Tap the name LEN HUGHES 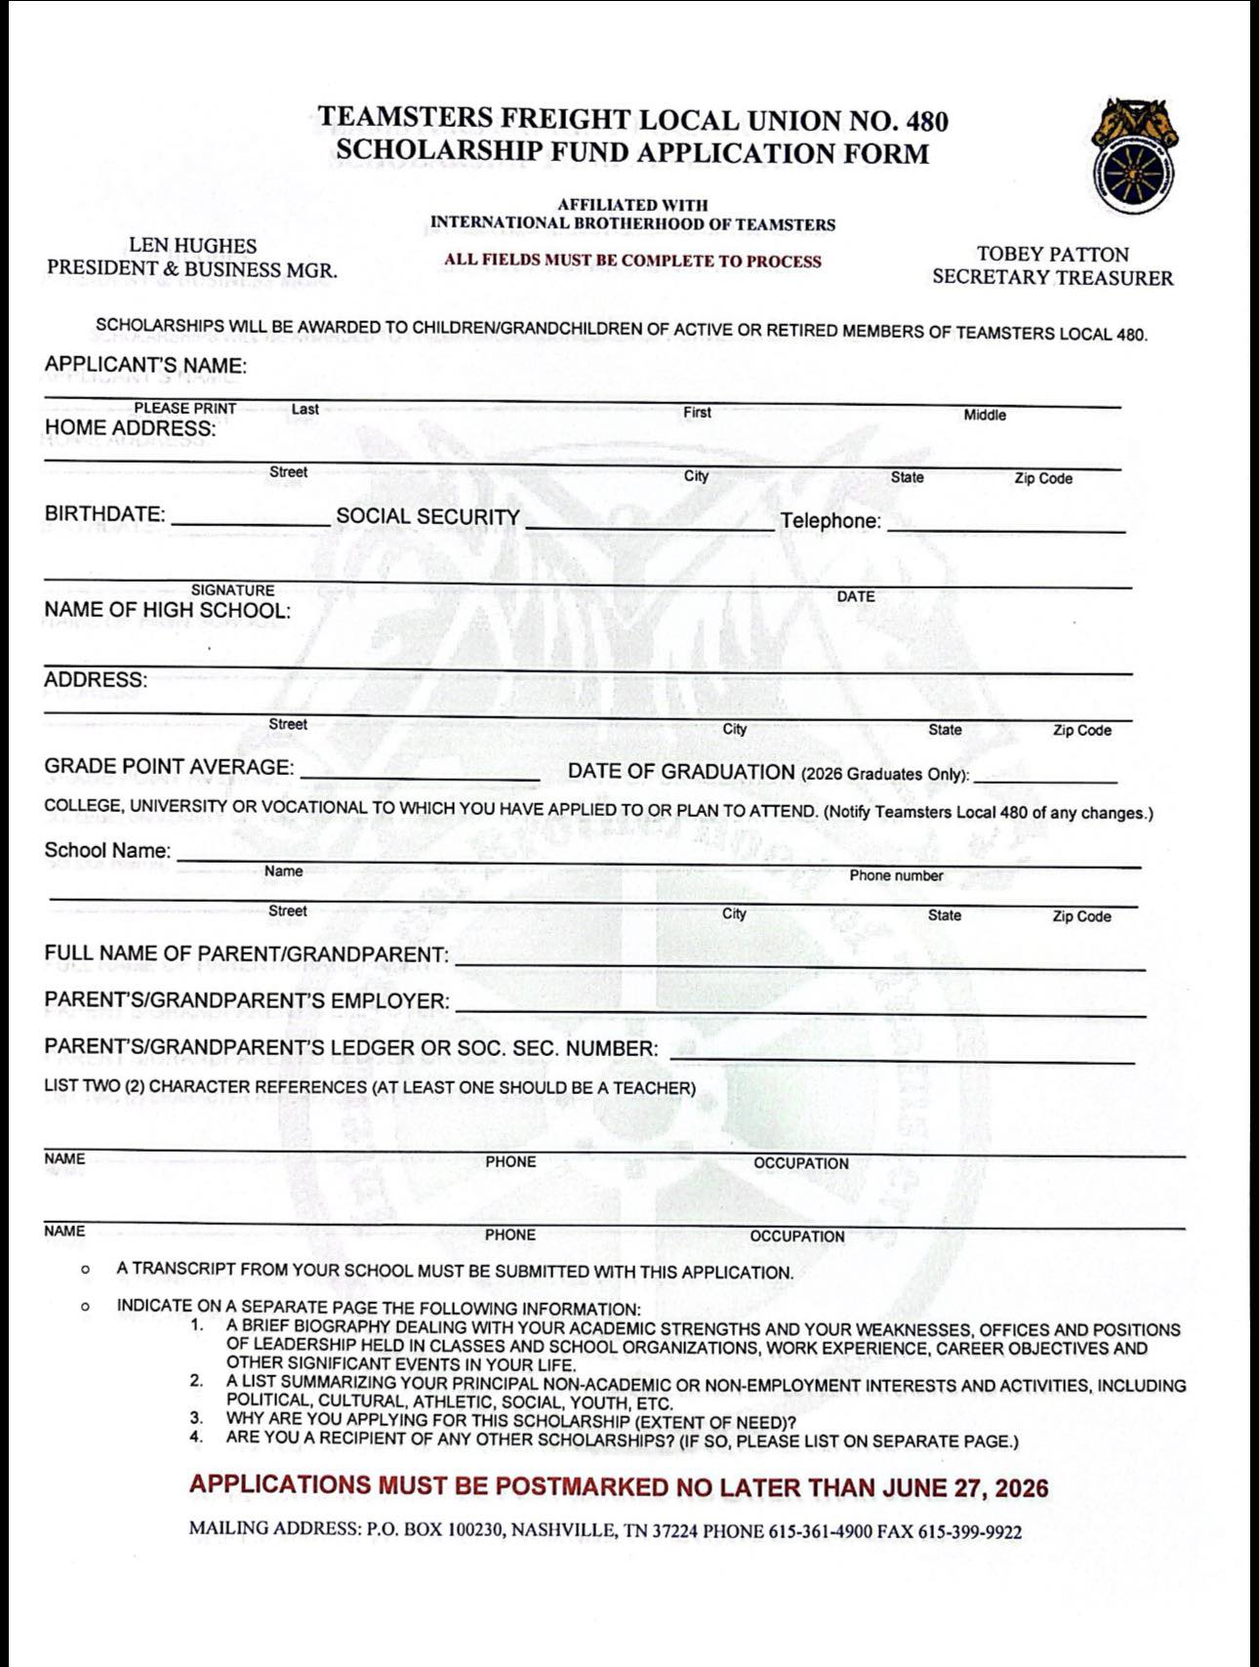pos(193,246)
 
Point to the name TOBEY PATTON pos(1052,255)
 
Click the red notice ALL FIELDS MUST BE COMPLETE pos(632,261)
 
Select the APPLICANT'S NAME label pos(145,366)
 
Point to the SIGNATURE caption pos(232,590)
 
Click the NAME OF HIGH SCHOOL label pos(167,611)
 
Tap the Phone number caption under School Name pos(895,875)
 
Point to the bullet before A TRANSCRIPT pos(87,1271)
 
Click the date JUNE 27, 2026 pos(965,1488)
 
